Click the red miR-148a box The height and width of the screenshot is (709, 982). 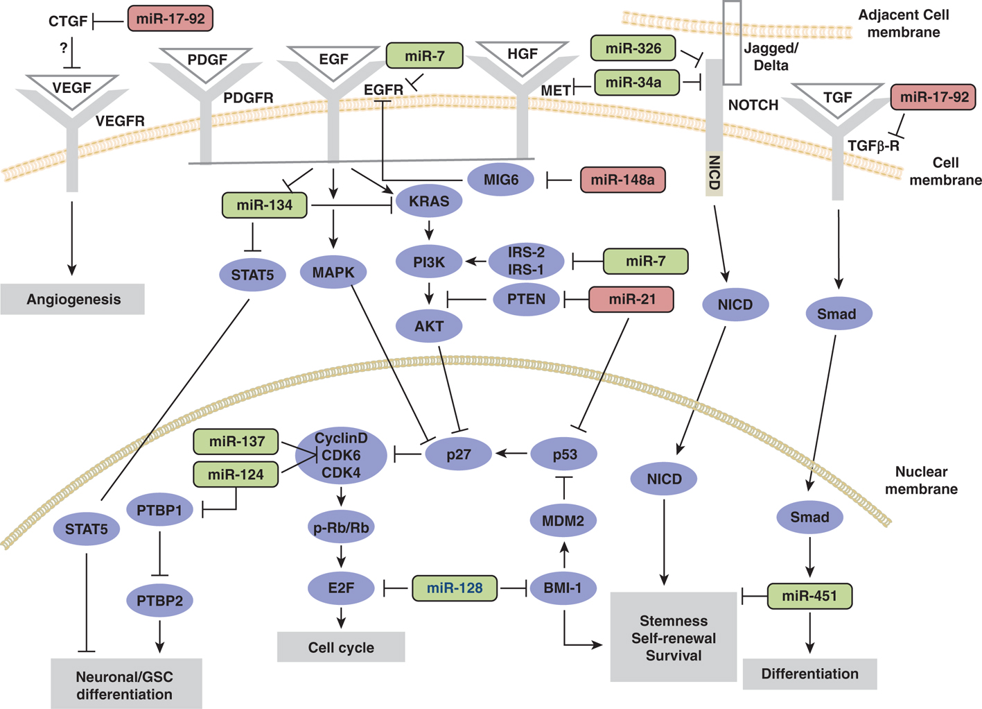pos(622,180)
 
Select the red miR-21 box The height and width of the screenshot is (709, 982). pos(631,299)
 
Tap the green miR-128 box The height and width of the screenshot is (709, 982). pos(455,588)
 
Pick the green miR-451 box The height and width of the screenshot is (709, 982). pos(809,596)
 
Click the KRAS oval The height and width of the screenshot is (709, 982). pos(429,201)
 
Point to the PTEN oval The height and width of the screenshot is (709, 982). pos(526,299)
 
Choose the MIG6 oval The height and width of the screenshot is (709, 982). pos(500,180)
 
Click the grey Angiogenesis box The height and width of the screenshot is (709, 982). pos(73,299)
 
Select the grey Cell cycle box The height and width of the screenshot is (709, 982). pos(341,647)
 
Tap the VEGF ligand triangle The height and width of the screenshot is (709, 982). pos(71,89)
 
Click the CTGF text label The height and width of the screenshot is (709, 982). pos(68,22)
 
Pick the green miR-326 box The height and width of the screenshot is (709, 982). pos(633,49)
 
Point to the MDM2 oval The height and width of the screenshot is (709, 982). pos(563,520)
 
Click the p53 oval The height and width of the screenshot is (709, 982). pos(564,454)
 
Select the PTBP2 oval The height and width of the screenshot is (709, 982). pos(160,600)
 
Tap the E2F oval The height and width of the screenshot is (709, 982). pos(341,588)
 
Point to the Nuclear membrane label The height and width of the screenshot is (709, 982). pos(921,480)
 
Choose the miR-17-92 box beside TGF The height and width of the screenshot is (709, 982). pos(933,97)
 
